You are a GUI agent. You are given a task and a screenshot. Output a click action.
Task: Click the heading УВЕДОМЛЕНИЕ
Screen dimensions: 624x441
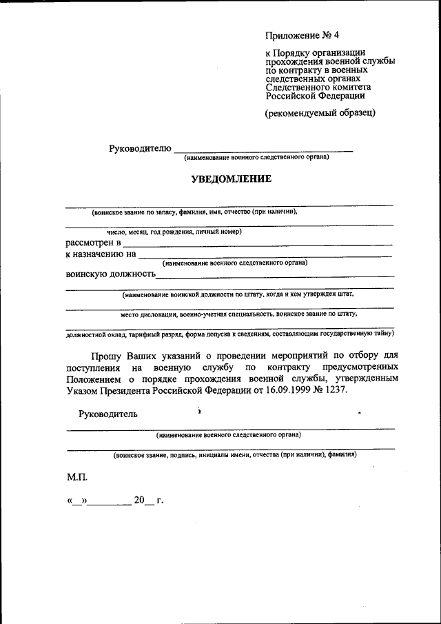coord(231,179)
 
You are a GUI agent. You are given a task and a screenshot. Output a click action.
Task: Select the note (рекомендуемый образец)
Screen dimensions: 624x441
coord(320,113)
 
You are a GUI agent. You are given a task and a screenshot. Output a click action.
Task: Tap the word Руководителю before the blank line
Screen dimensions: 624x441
coord(139,149)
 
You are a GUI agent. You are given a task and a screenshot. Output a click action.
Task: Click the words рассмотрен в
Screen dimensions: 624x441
coord(93,243)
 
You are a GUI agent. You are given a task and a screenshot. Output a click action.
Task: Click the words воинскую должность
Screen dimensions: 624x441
coord(111,274)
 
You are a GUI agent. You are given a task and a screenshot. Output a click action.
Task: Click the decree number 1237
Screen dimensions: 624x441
coord(336,390)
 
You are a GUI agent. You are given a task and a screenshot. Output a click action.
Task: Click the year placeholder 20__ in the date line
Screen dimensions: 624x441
coord(145,501)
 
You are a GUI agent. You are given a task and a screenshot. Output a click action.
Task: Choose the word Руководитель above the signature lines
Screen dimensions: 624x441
coord(108,414)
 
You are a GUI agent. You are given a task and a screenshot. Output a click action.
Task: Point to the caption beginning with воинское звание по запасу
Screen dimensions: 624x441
coord(195,212)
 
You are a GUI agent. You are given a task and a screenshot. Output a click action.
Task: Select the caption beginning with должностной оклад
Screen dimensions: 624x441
coord(230,334)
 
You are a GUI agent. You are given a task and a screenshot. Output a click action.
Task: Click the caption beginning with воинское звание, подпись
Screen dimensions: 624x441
coord(235,455)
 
